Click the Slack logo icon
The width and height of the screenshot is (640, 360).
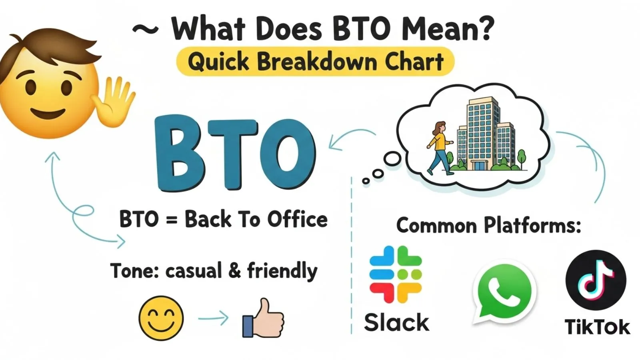point(395,274)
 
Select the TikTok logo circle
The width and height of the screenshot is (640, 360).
point(596,280)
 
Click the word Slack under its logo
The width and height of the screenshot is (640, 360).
point(396,322)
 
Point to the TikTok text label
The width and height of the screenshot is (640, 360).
point(597,327)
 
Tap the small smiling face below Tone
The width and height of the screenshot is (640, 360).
point(161,318)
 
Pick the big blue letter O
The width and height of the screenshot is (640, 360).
point(286,154)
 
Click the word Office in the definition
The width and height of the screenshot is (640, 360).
point(297,220)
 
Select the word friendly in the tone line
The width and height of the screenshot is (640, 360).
point(282,271)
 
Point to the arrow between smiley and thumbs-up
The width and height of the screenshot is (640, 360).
point(213,319)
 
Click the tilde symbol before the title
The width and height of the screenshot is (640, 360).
point(145,29)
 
